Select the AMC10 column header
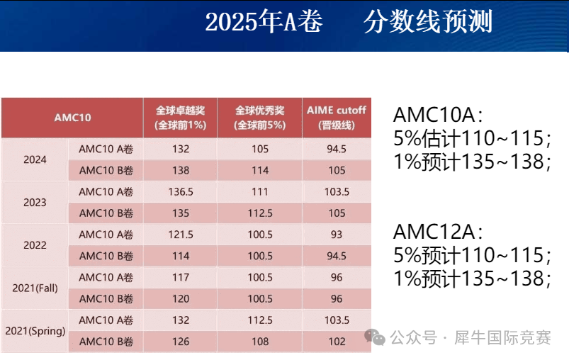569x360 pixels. point(72,117)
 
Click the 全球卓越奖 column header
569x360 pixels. point(180,117)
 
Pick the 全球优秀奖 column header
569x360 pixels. point(260,117)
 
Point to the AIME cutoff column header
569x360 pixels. point(337,117)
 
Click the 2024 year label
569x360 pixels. point(35,159)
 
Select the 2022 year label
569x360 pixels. point(35,245)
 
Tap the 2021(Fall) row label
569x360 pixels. point(35,288)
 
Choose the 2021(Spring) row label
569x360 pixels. point(35,331)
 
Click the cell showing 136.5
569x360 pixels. point(180,191)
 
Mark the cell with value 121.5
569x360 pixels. point(180,235)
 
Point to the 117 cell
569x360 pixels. point(180,277)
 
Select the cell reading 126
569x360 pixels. point(180,342)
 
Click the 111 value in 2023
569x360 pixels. point(260,191)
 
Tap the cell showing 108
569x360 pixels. point(260,342)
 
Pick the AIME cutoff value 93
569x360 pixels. point(337,235)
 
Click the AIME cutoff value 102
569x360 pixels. point(337,342)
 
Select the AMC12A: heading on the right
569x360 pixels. point(438,232)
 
